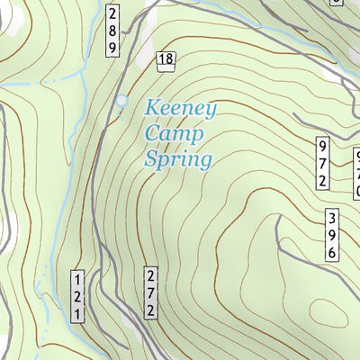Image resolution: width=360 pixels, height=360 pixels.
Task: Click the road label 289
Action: pyautogui.click(x=112, y=31)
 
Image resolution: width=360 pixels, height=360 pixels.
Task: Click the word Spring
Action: pyautogui.click(x=178, y=162)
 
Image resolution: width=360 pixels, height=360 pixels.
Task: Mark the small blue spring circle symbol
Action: pyautogui.click(x=121, y=101)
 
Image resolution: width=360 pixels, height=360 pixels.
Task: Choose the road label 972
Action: pyautogui.click(x=322, y=163)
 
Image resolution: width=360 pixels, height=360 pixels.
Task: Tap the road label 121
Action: pyautogui.click(x=78, y=294)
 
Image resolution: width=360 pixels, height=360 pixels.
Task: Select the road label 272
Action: pyautogui.click(x=151, y=292)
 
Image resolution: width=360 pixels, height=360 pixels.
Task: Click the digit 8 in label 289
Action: pyautogui.click(x=112, y=31)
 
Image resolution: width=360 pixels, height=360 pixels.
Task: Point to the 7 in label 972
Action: pyautogui.click(x=322, y=163)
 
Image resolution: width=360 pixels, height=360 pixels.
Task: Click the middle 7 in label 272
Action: pyautogui.click(x=151, y=292)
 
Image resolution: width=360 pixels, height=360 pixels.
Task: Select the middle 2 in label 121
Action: pyautogui.click(x=78, y=294)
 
